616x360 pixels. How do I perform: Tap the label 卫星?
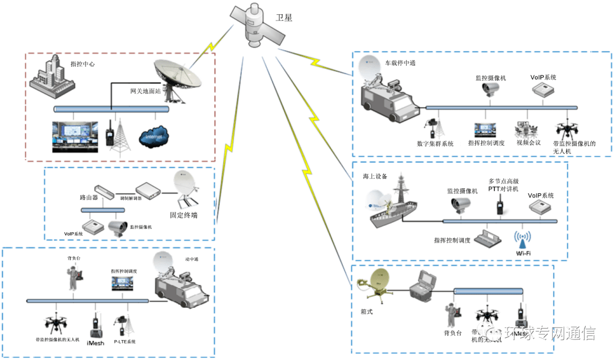tap(284, 18)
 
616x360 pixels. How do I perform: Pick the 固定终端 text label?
tap(184, 216)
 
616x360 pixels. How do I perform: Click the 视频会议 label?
tap(527, 143)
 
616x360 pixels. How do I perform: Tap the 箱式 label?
tap(367, 312)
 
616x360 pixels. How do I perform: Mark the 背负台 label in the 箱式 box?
tap(452, 333)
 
